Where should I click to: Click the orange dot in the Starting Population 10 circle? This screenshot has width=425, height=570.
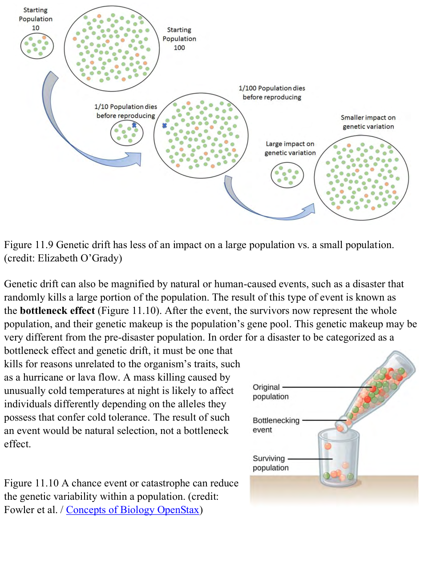44,37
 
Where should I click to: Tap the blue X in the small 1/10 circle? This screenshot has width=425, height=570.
134,125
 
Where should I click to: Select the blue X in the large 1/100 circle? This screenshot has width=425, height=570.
164,126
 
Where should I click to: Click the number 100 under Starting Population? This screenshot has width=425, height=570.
179,48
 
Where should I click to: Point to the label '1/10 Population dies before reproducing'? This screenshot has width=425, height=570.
125,111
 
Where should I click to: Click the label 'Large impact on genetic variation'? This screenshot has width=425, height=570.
290,149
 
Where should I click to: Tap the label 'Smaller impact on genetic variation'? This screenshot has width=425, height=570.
368,122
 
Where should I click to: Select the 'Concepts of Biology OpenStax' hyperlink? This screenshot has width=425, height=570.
133,510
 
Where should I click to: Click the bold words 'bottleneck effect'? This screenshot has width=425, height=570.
57,310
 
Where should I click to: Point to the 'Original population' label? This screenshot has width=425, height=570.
271,392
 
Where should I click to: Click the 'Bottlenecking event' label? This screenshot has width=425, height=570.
276,425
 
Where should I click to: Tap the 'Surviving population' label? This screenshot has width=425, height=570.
271,463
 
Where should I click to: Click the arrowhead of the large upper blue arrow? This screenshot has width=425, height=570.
134,158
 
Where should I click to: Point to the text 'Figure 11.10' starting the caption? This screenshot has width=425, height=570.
32,483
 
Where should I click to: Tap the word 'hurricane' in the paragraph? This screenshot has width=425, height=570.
46,377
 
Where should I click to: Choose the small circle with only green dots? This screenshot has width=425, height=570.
287,175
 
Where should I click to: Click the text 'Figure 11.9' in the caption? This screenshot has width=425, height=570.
28,245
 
